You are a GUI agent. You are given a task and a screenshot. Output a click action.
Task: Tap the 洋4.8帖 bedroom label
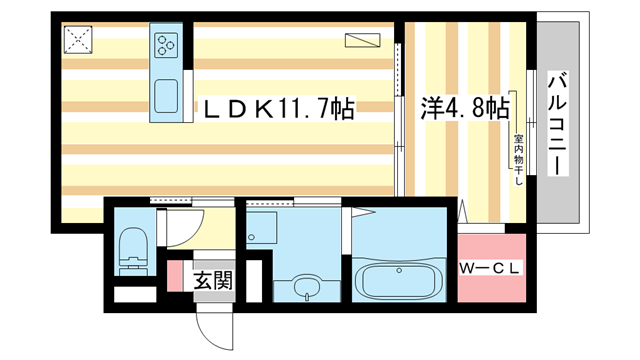click(465, 109)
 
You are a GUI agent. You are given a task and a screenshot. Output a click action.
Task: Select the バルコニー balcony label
click(558, 123)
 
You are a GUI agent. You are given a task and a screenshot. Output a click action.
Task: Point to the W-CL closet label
click(490, 268)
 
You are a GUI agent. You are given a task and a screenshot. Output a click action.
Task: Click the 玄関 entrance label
click(213, 280)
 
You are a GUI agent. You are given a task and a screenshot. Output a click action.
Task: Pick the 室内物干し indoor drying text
click(518, 160)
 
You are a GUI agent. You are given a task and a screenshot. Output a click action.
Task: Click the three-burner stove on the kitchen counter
click(166, 44)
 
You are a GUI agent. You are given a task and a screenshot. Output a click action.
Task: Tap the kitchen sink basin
click(166, 96)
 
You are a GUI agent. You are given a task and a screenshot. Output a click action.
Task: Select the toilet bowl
click(133, 249)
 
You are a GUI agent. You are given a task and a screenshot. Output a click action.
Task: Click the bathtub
click(399, 281)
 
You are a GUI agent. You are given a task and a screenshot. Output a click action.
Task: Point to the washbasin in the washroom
click(307, 286)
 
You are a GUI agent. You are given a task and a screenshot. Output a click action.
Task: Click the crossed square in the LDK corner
click(78, 40)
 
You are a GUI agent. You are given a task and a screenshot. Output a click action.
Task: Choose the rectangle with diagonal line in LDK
click(362, 40)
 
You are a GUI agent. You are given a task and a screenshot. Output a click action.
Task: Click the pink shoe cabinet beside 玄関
click(175, 276)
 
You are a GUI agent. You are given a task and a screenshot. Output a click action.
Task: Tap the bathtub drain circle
click(399, 270)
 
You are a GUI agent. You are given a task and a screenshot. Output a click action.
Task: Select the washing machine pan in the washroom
click(262, 228)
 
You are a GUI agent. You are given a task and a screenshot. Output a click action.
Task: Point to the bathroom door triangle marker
click(363, 212)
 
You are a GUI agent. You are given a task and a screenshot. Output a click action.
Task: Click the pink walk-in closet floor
click(491, 268)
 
